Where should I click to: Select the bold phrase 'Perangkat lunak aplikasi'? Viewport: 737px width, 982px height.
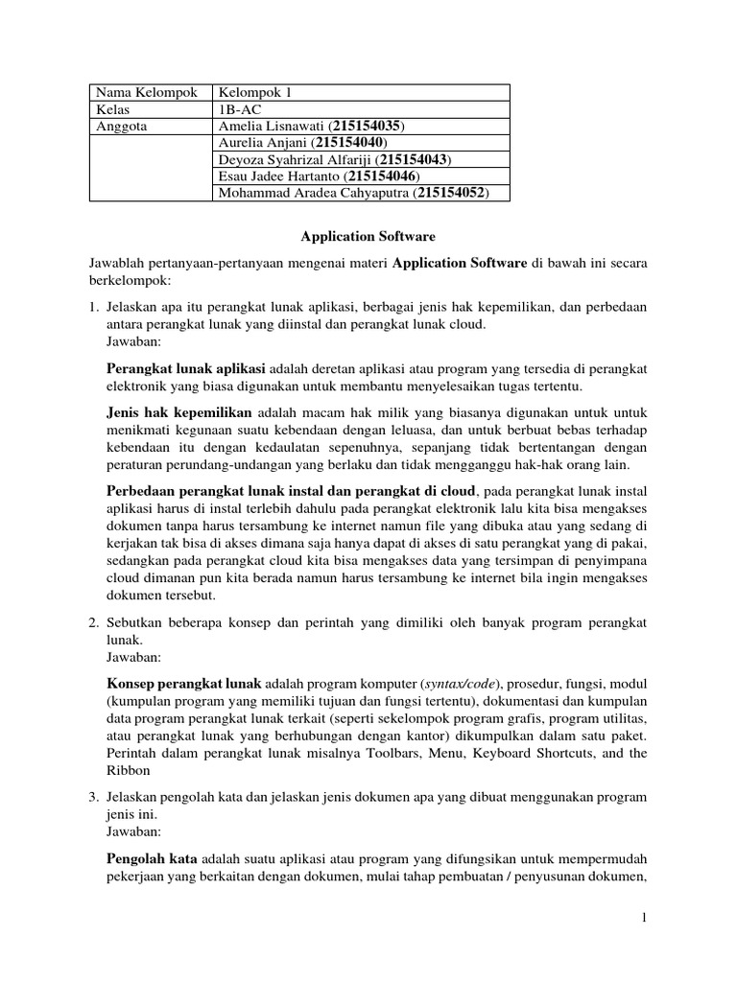186,369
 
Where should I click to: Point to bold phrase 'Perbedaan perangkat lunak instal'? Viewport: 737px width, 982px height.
216,492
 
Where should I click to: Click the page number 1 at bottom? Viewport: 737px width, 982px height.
646,919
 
